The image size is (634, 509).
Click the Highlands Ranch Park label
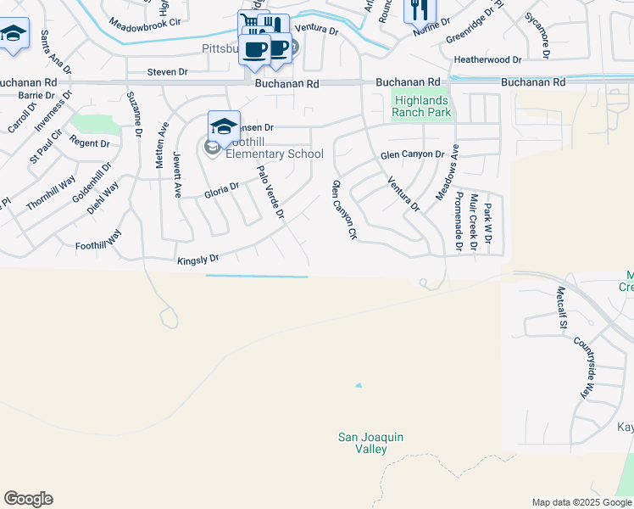pos(422,106)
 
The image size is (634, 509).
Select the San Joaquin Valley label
pos(370,442)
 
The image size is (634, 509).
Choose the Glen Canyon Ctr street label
pos(344,210)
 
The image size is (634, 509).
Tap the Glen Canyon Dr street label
pos(412,154)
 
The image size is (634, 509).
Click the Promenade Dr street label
pos(459,221)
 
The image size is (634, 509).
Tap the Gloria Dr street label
pos(222,193)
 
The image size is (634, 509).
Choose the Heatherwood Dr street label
pos(487,60)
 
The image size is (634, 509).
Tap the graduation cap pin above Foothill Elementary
pos(224,126)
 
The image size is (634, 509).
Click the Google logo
pos(28,499)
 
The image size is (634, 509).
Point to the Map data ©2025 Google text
pos(580,502)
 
